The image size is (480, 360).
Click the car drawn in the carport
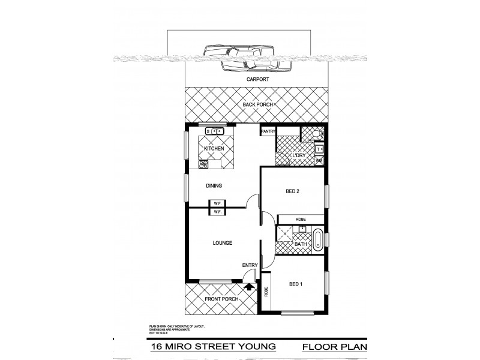click(243, 58)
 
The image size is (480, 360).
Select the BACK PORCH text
click(258, 105)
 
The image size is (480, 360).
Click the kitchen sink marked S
click(214, 131)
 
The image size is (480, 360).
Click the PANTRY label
click(268, 132)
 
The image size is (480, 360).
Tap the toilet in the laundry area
click(316, 134)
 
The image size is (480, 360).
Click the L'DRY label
click(298, 155)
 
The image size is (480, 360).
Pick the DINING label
click(214, 186)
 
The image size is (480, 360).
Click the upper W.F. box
click(217, 203)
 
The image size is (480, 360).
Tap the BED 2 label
click(292, 191)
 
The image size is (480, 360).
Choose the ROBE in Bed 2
click(300, 220)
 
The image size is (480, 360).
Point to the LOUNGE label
click(221, 243)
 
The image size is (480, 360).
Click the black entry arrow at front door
click(250, 287)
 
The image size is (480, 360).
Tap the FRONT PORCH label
click(221, 299)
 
